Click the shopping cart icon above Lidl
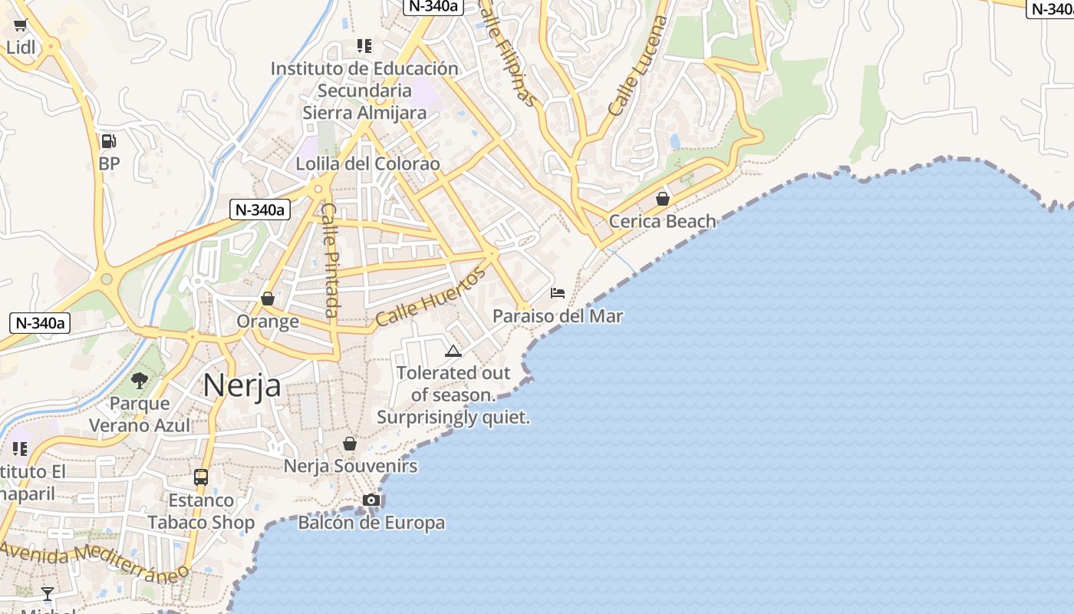(21, 25)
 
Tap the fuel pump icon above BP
(109, 141)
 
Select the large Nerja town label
(242, 385)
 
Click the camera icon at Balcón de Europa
(371, 500)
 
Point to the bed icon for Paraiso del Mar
(558, 293)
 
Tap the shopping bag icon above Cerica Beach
(663, 200)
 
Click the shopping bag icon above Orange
(268, 299)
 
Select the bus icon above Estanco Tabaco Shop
(201, 477)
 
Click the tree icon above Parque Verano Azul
(140, 380)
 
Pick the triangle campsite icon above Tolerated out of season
(453, 352)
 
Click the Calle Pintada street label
(331, 259)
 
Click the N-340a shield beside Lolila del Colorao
(260, 210)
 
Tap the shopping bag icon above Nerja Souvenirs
(350, 444)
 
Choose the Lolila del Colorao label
(368, 164)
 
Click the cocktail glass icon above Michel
(48, 593)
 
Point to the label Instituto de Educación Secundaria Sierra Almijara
(364, 91)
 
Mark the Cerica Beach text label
(662, 222)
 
